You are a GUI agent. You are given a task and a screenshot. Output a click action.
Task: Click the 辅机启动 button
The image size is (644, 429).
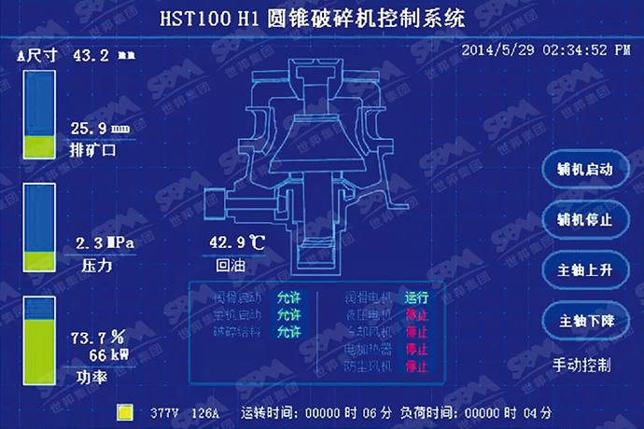click(x=584, y=170)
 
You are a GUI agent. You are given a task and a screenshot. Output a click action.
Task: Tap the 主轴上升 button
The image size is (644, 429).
click(x=584, y=270)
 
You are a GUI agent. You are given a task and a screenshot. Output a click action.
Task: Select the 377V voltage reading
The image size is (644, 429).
click(x=164, y=412)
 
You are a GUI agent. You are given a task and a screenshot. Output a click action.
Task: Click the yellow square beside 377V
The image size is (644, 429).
click(x=124, y=411)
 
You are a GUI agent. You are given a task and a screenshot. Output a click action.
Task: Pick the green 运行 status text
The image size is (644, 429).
click(x=416, y=298)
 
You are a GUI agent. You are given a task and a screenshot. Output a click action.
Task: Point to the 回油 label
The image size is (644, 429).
click(x=231, y=265)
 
